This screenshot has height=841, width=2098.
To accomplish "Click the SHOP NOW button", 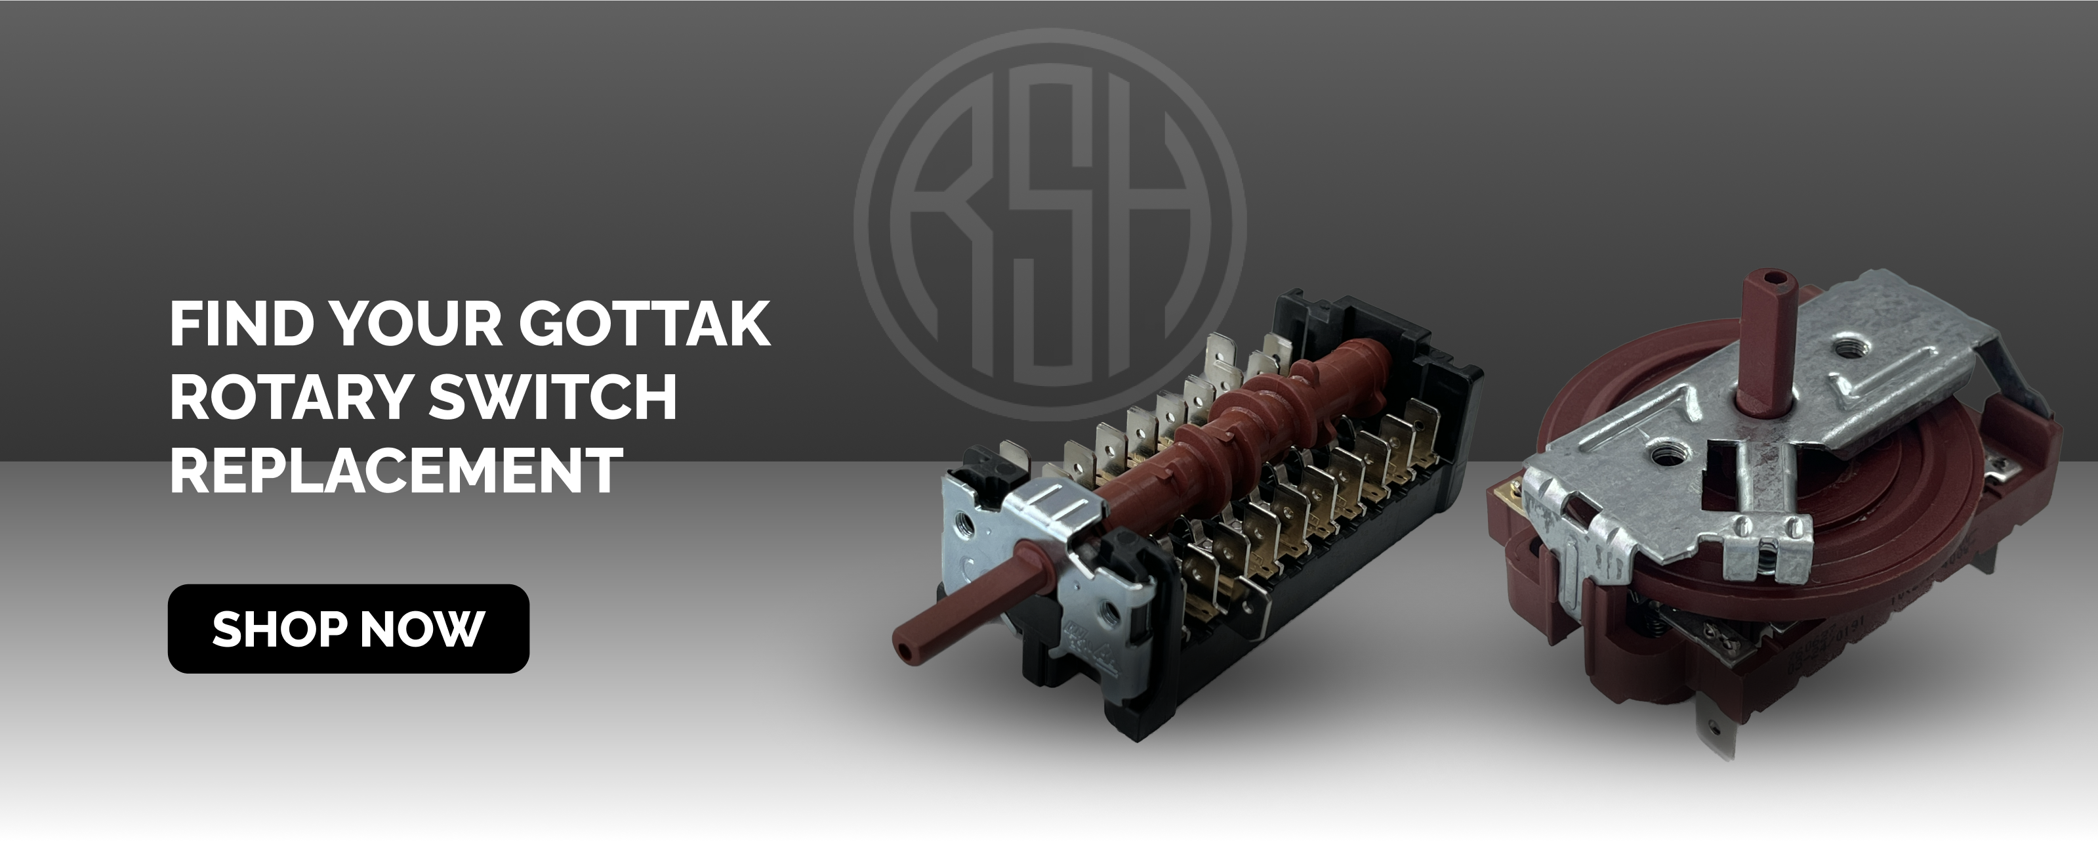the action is tap(348, 628).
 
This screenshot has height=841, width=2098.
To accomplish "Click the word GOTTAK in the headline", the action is tap(645, 324).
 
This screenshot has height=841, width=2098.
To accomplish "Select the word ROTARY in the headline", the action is tap(290, 396).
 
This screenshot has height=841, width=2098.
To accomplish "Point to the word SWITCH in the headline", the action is tap(553, 396).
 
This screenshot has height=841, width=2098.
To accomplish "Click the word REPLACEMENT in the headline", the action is tap(396, 469).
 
